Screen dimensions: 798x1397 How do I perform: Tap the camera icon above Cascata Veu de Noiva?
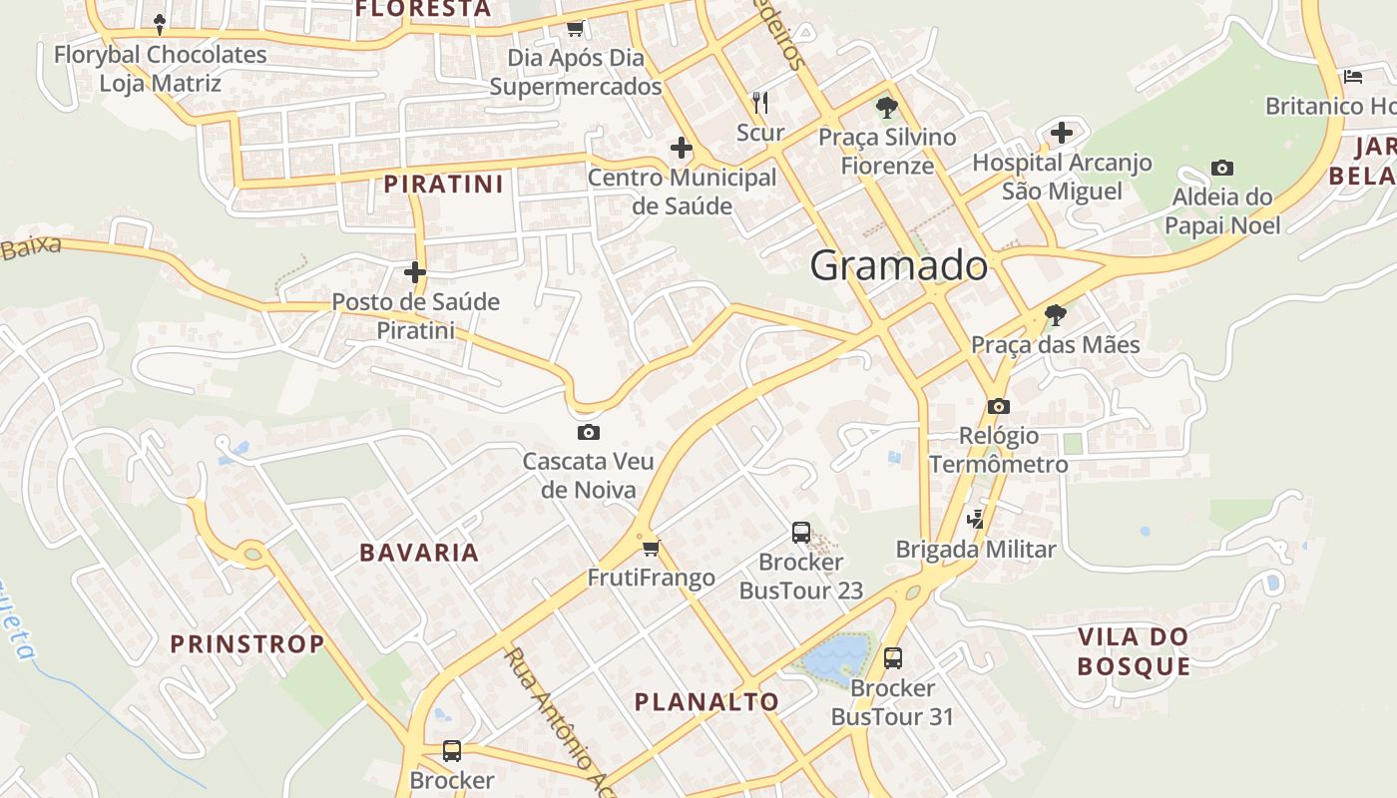[589, 432]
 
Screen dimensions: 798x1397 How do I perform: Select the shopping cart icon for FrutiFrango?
[652, 548]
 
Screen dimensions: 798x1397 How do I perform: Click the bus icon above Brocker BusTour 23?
[800, 532]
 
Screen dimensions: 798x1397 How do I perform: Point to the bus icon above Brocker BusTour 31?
[892, 657]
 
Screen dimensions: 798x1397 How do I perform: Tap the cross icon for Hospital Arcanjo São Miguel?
[1062, 132]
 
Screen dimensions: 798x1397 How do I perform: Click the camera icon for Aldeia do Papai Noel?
[1221, 168]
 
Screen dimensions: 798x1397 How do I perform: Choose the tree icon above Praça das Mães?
[1055, 316]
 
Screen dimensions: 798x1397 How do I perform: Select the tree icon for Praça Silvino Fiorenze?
[886, 108]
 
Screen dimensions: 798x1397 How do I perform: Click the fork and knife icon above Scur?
[760, 102]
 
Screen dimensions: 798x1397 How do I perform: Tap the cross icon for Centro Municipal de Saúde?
[682, 149]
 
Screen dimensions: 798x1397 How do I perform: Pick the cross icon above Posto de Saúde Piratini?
[415, 272]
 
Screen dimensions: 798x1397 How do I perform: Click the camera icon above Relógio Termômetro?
[998, 406]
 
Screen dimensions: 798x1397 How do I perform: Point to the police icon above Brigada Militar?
[975, 519]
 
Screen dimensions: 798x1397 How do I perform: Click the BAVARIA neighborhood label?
[419, 553]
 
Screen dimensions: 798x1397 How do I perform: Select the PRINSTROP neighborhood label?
[247, 644]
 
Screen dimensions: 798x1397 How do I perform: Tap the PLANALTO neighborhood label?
[706, 702]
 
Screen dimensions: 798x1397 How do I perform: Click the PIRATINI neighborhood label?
[443, 185]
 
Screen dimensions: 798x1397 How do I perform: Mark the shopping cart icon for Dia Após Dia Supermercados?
[575, 28]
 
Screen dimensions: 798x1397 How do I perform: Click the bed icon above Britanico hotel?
[1353, 76]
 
